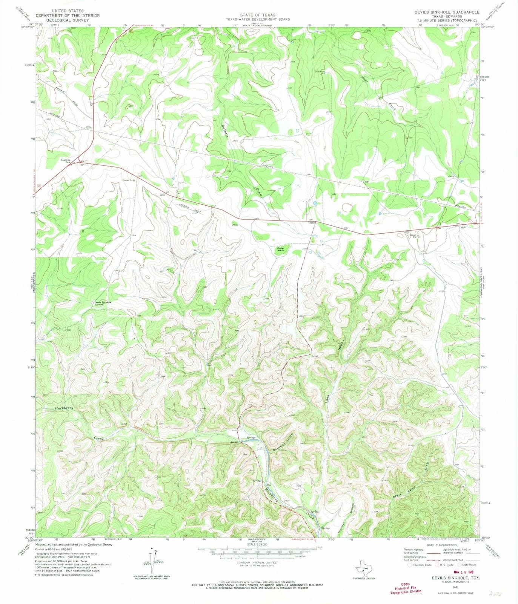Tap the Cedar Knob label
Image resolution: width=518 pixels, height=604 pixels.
pyautogui.click(x=281, y=249)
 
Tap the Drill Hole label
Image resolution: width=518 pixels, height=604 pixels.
pyautogui.click(x=320, y=72)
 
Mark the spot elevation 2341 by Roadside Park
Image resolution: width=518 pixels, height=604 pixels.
pyautogui.click(x=83, y=165)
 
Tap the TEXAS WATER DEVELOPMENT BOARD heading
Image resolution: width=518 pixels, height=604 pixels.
pyautogui.click(x=258, y=19)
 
